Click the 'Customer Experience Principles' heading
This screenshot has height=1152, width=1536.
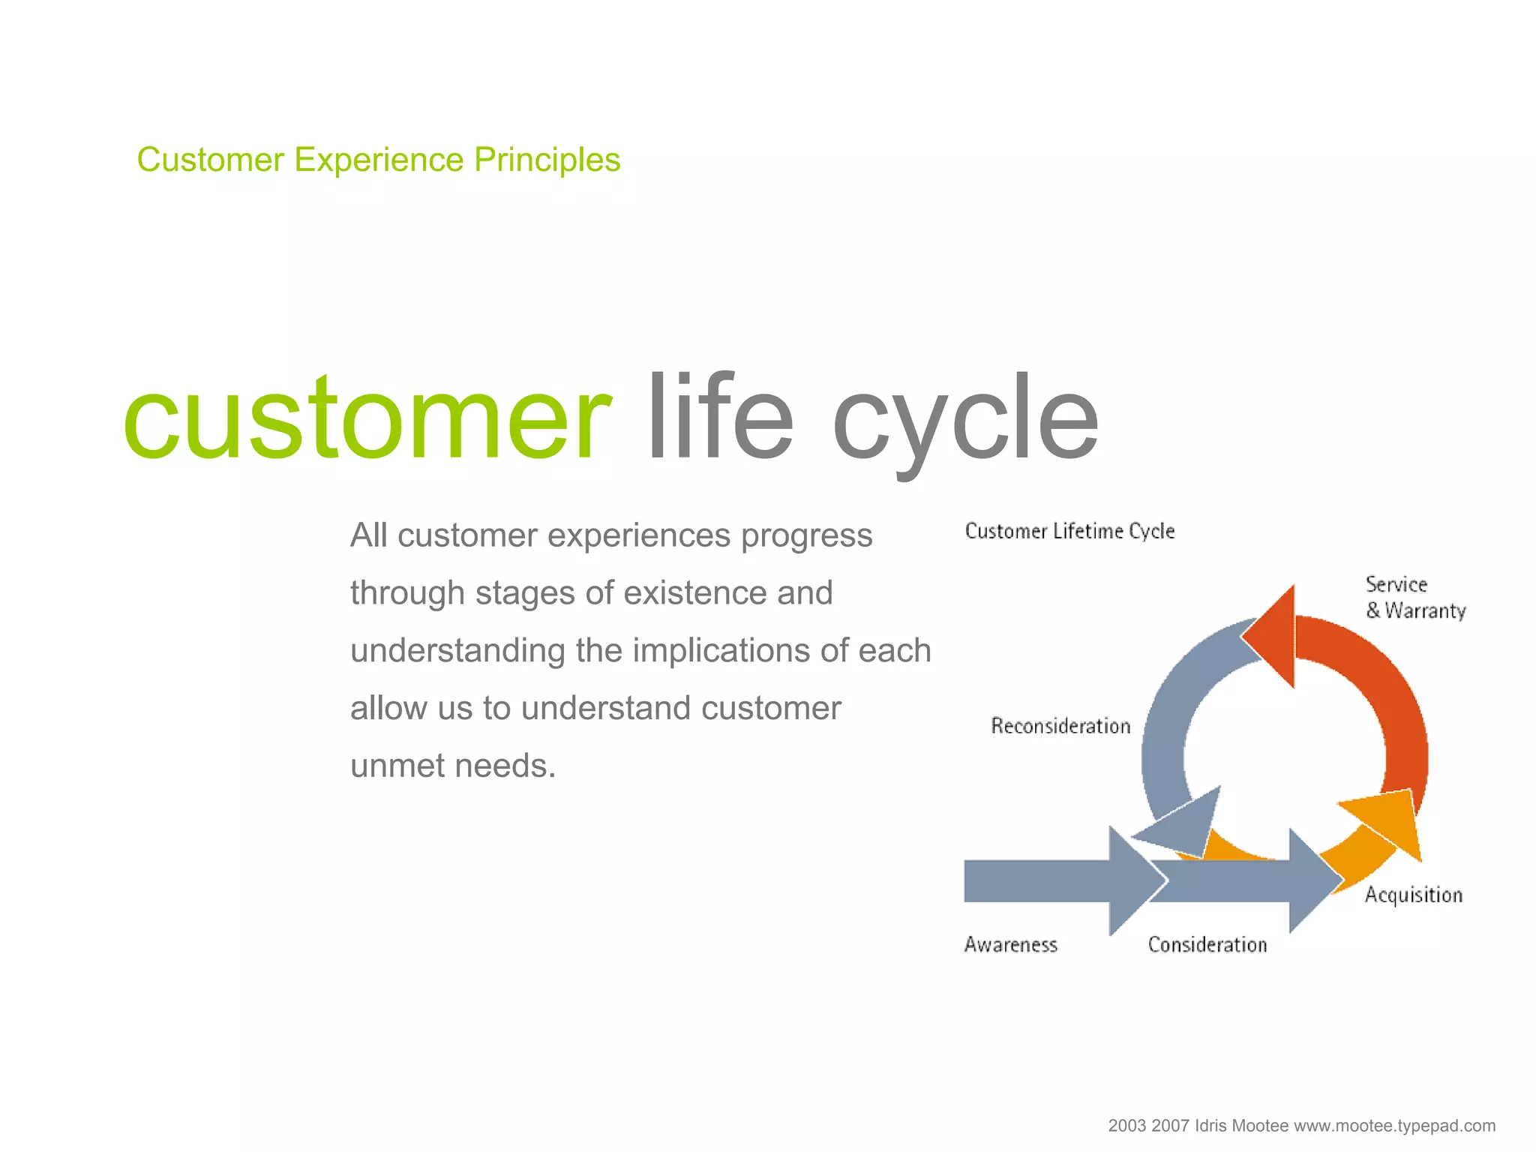[x=378, y=160]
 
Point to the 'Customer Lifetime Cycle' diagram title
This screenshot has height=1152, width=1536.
[x=1069, y=531]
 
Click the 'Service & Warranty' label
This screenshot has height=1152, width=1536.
[x=1414, y=598]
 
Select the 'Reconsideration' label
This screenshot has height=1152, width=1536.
[x=1060, y=726]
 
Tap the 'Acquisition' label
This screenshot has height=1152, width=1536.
[x=1413, y=895]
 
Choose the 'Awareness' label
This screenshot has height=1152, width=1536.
[x=1010, y=944]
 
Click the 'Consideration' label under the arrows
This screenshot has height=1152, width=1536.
[x=1207, y=944]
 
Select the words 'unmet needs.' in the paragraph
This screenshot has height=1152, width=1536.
[x=453, y=766]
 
